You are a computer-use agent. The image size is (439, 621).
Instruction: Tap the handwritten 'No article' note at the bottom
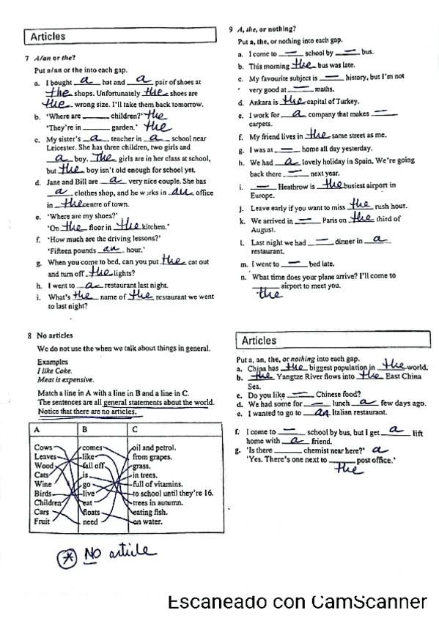pos(117,551)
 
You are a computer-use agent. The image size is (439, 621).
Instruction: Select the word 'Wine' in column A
pos(43,484)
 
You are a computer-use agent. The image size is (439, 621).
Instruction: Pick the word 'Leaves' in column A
pos(46,456)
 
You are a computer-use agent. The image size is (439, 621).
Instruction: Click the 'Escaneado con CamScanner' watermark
pos(297,602)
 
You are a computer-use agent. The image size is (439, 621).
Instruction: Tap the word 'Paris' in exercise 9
pos(333,220)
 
